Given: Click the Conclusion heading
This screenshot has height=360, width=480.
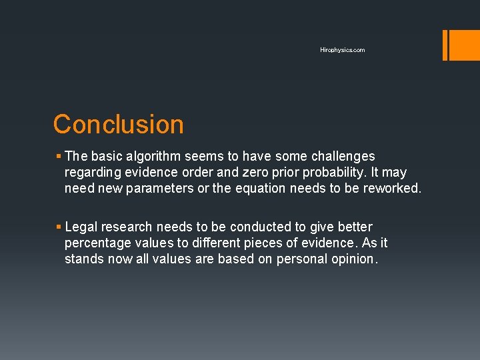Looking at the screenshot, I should (x=118, y=125).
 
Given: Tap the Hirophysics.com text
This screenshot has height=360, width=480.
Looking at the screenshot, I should (x=342, y=50).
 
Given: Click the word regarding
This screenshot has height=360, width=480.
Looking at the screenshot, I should (x=92, y=173).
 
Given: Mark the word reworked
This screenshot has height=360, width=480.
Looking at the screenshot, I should (x=393, y=189).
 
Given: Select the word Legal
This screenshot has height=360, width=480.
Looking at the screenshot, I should (x=81, y=227).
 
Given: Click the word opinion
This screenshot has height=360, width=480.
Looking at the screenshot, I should (x=354, y=259).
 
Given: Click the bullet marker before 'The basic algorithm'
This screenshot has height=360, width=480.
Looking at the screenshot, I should (x=59, y=157).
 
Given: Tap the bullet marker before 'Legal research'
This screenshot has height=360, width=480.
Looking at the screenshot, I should (x=59, y=227).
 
